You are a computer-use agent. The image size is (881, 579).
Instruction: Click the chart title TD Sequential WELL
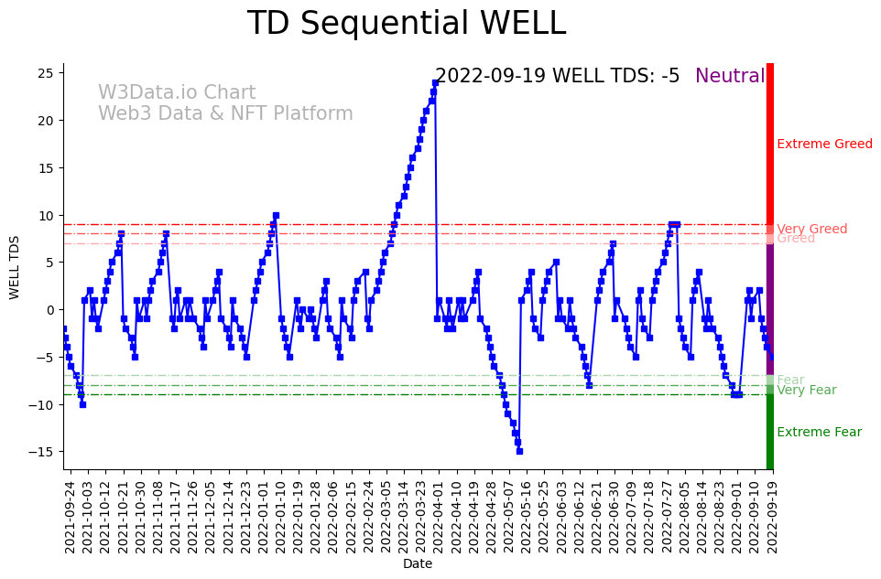pos(407,24)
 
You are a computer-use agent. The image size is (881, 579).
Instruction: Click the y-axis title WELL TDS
pos(15,266)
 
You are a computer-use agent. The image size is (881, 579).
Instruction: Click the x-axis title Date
pos(418,564)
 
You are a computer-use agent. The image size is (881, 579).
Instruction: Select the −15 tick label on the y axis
pos(44,452)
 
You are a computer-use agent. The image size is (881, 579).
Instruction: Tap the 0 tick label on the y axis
pos(52,310)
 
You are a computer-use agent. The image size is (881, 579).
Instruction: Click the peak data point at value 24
pos(435,83)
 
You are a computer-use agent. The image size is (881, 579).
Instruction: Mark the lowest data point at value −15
pos(519,451)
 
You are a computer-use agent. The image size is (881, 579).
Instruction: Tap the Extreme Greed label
pos(824,145)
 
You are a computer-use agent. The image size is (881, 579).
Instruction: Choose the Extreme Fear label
pos(819,433)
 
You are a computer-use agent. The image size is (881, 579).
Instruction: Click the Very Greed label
pos(811,229)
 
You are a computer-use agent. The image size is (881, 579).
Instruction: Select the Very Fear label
pos(806,391)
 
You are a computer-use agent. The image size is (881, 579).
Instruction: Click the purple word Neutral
pos(729,77)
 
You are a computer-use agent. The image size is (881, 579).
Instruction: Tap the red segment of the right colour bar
pos(770,146)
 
